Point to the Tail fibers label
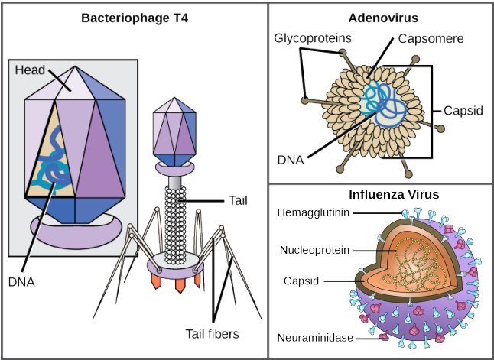[x=212, y=333]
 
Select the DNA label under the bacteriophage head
[x=22, y=281]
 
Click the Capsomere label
[x=424, y=37]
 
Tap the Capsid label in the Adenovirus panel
[x=463, y=110]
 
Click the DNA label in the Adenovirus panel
[x=291, y=160]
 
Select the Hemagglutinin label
[x=316, y=214]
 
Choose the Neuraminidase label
[x=314, y=336]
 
